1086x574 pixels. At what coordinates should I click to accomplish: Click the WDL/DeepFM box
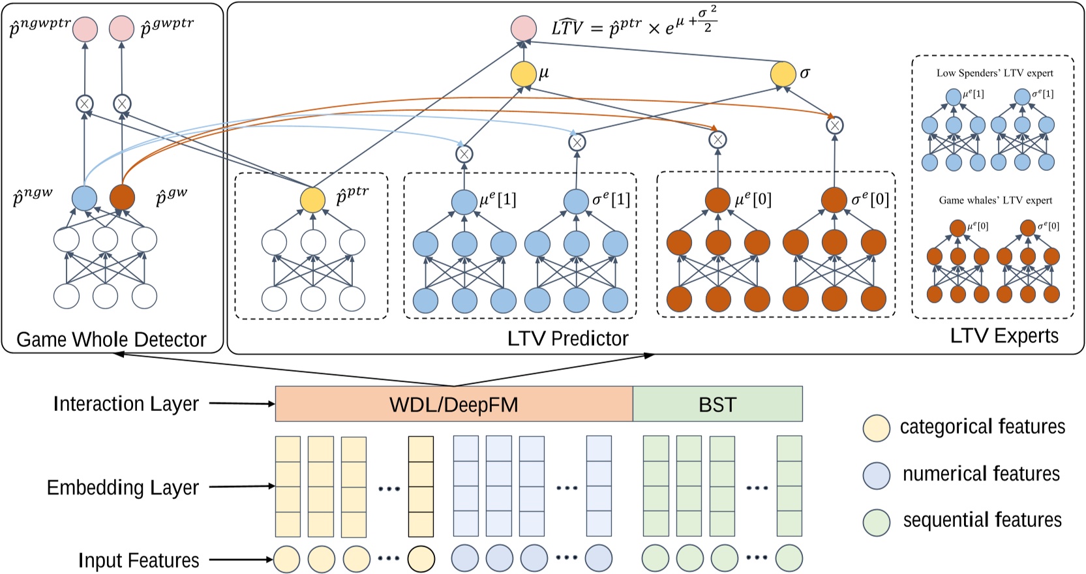pyautogui.click(x=453, y=404)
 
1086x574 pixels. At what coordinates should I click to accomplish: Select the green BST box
pyautogui.click(x=717, y=404)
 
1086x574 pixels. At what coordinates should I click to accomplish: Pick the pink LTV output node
pyautogui.click(x=523, y=29)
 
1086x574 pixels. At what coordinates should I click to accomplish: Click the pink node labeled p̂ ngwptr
pyautogui.click(x=85, y=29)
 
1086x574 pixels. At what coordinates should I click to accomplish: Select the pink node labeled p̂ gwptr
pyautogui.click(x=122, y=29)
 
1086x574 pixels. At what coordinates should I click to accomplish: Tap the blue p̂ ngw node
pyautogui.click(x=84, y=198)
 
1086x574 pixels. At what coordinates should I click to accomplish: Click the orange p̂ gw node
pyautogui.click(x=122, y=198)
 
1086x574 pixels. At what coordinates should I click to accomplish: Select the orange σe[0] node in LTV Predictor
pyautogui.click(x=834, y=200)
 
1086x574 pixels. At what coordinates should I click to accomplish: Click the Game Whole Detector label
pyautogui.click(x=111, y=339)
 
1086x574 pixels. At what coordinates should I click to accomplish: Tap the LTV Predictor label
pyautogui.click(x=567, y=338)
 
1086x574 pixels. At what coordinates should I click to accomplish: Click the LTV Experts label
pyautogui.click(x=1004, y=336)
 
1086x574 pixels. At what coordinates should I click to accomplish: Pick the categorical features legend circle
pyautogui.click(x=876, y=428)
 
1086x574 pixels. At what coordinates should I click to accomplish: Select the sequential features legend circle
pyautogui.click(x=876, y=522)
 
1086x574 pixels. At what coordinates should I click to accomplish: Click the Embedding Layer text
pyautogui.click(x=123, y=488)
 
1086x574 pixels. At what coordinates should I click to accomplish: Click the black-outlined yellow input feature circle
pyautogui.click(x=421, y=559)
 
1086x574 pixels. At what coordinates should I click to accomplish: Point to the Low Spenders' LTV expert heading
pyautogui.click(x=995, y=73)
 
